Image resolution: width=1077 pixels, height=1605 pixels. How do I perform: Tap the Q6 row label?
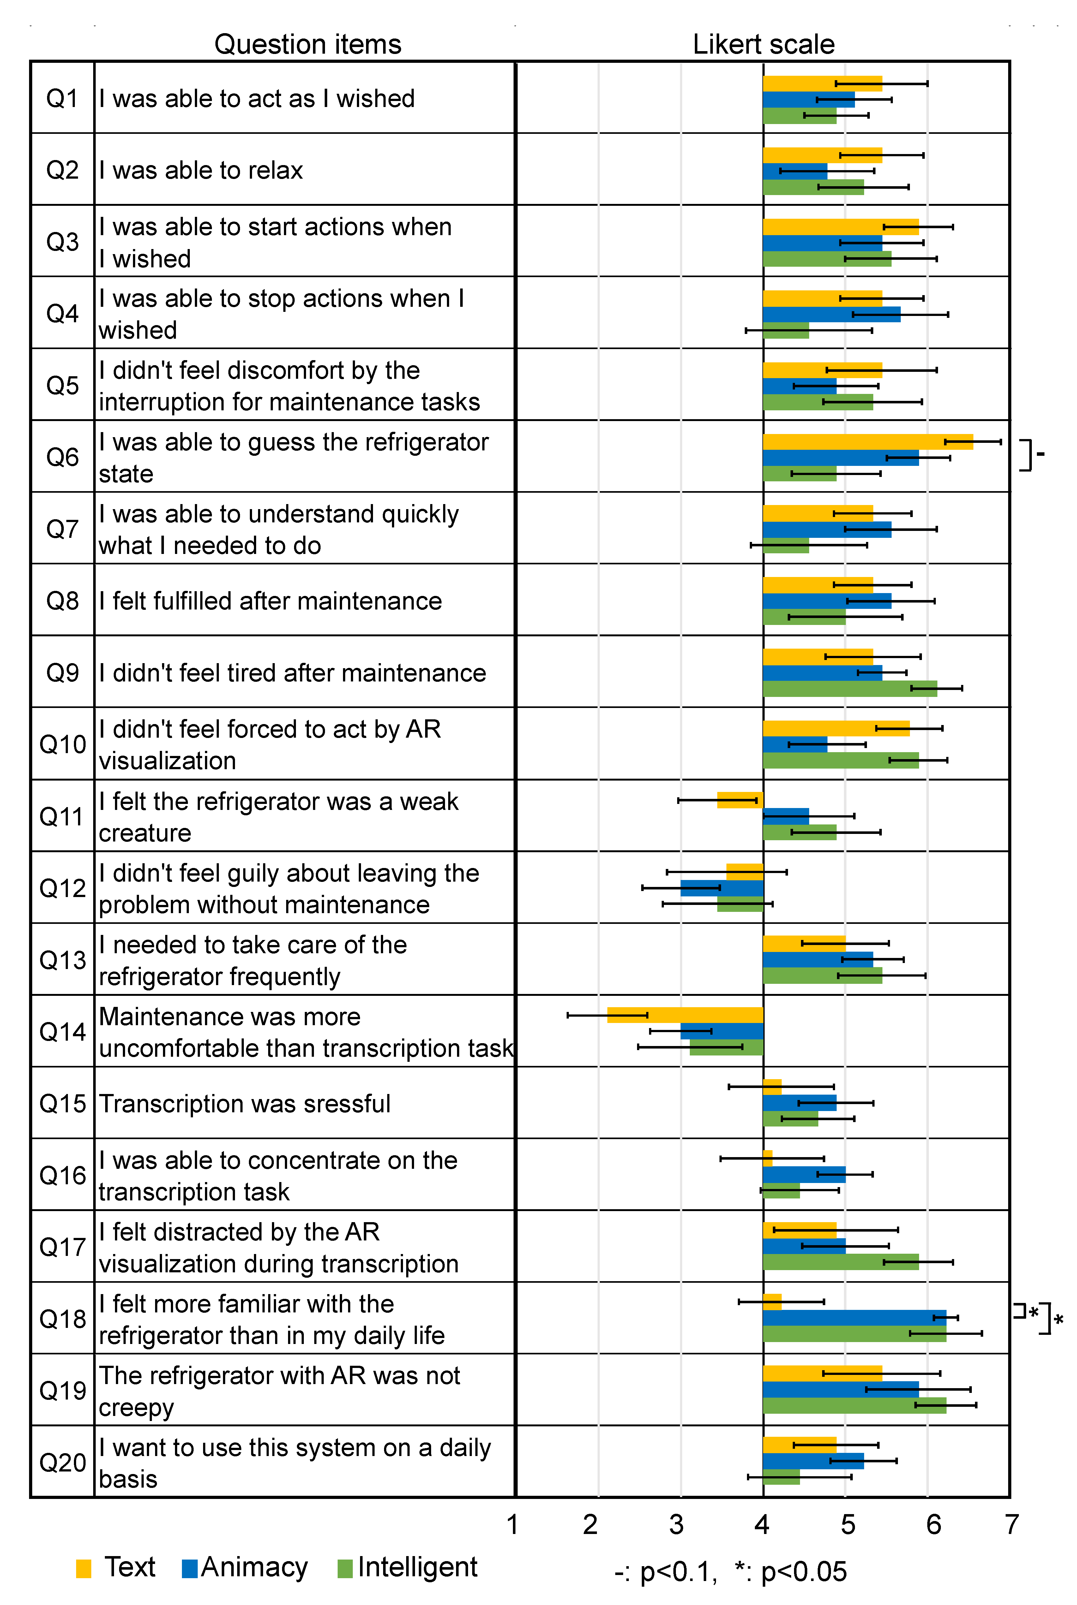click(63, 457)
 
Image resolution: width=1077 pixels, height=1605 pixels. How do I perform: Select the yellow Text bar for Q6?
click(868, 441)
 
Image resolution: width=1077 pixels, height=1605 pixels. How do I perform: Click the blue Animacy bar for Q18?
click(854, 1317)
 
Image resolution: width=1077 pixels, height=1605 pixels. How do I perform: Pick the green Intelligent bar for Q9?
click(850, 688)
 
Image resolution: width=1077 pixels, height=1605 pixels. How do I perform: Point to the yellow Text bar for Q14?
click(685, 1015)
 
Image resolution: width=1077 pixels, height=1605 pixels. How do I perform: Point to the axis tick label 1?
click(512, 1525)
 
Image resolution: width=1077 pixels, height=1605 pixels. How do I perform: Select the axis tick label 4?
click(762, 1525)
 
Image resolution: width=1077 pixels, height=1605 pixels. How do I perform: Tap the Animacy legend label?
click(254, 1567)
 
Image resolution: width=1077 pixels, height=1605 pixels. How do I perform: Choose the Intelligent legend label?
click(417, 1567)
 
